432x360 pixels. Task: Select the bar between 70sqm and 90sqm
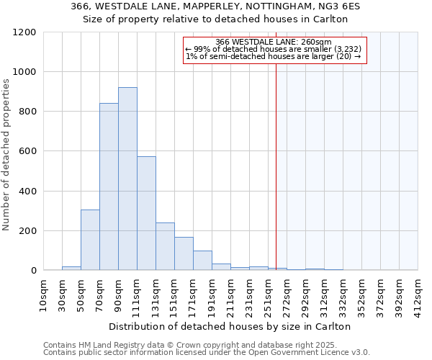[109, 186]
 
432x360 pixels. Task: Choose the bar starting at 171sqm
[202, 260]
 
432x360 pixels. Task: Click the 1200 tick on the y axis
[24, 32]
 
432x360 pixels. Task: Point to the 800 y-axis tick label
[27, 112]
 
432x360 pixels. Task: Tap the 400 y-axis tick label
[27, 192]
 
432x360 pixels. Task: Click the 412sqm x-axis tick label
[418, 293]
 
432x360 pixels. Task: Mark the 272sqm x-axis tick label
[287, 293]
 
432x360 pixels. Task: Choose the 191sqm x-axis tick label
[212, 293]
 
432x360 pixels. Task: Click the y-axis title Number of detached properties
[6, 156]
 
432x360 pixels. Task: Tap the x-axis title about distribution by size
[230, 326]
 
